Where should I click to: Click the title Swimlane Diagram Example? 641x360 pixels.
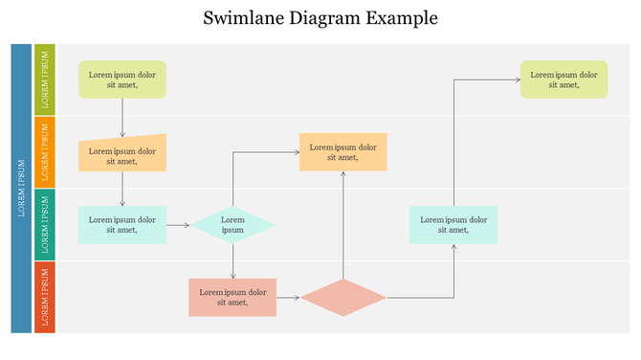(320, 17)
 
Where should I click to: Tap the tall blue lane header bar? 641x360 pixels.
(21, 188)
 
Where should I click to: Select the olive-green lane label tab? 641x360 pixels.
(45, 79)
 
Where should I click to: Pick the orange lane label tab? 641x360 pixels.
(45, 151)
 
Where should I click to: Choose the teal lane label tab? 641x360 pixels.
(45, 224)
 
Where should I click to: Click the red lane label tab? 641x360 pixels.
(45, 297)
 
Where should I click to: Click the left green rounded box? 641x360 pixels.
(122, 79)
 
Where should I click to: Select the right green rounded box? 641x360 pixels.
(564, 79)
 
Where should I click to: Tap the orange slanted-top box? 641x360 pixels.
(122, 154)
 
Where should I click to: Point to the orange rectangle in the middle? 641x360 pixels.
(343, 152)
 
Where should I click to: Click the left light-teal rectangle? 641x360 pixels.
(122, 225)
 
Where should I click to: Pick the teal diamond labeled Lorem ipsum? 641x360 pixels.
(232, 225)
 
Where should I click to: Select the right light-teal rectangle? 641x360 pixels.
(453, 225)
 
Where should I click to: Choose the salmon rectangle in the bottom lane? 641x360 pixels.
(232, 298)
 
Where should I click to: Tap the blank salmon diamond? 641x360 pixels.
(343, 298)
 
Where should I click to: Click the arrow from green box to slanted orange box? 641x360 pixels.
(122, 119)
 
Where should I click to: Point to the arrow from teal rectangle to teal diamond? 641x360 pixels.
(178, 225)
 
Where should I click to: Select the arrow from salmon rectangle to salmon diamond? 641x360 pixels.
(288, 298)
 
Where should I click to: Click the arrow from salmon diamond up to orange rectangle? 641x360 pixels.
(343, 225)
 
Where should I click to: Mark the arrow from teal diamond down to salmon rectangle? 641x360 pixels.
(232, 260)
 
